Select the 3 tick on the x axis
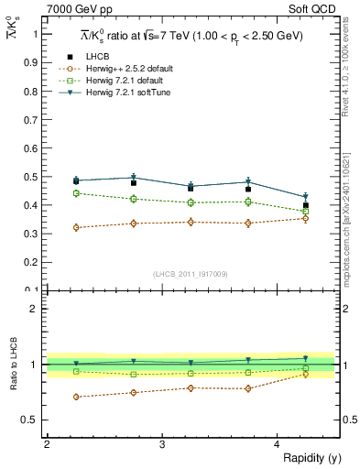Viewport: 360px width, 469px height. coord(162,444)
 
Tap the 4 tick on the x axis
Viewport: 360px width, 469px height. coord(277,444)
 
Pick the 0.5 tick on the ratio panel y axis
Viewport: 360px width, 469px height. coord(33,420)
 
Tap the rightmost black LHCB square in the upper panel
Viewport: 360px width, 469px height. coord(306,205)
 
